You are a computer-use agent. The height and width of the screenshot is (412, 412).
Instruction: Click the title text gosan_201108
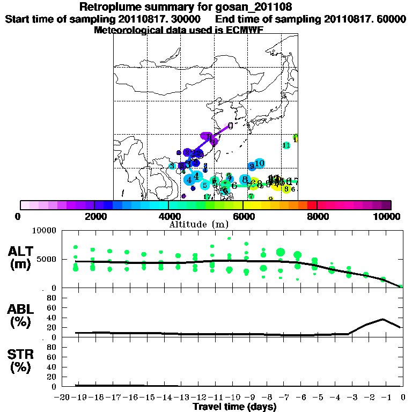(242, 7)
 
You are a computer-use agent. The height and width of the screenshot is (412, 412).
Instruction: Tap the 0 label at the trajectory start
(230, 126)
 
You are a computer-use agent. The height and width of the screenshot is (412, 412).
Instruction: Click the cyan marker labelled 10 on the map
(260, 163)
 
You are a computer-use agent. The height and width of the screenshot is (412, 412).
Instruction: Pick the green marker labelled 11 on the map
(286, 145)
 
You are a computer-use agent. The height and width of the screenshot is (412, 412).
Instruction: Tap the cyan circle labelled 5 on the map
(205, 186)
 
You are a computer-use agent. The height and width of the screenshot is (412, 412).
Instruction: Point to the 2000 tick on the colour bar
(94, 217)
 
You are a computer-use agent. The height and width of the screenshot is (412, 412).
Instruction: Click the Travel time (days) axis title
(234, 407)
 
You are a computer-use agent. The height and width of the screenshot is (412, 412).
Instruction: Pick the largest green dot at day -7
(281, 252)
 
